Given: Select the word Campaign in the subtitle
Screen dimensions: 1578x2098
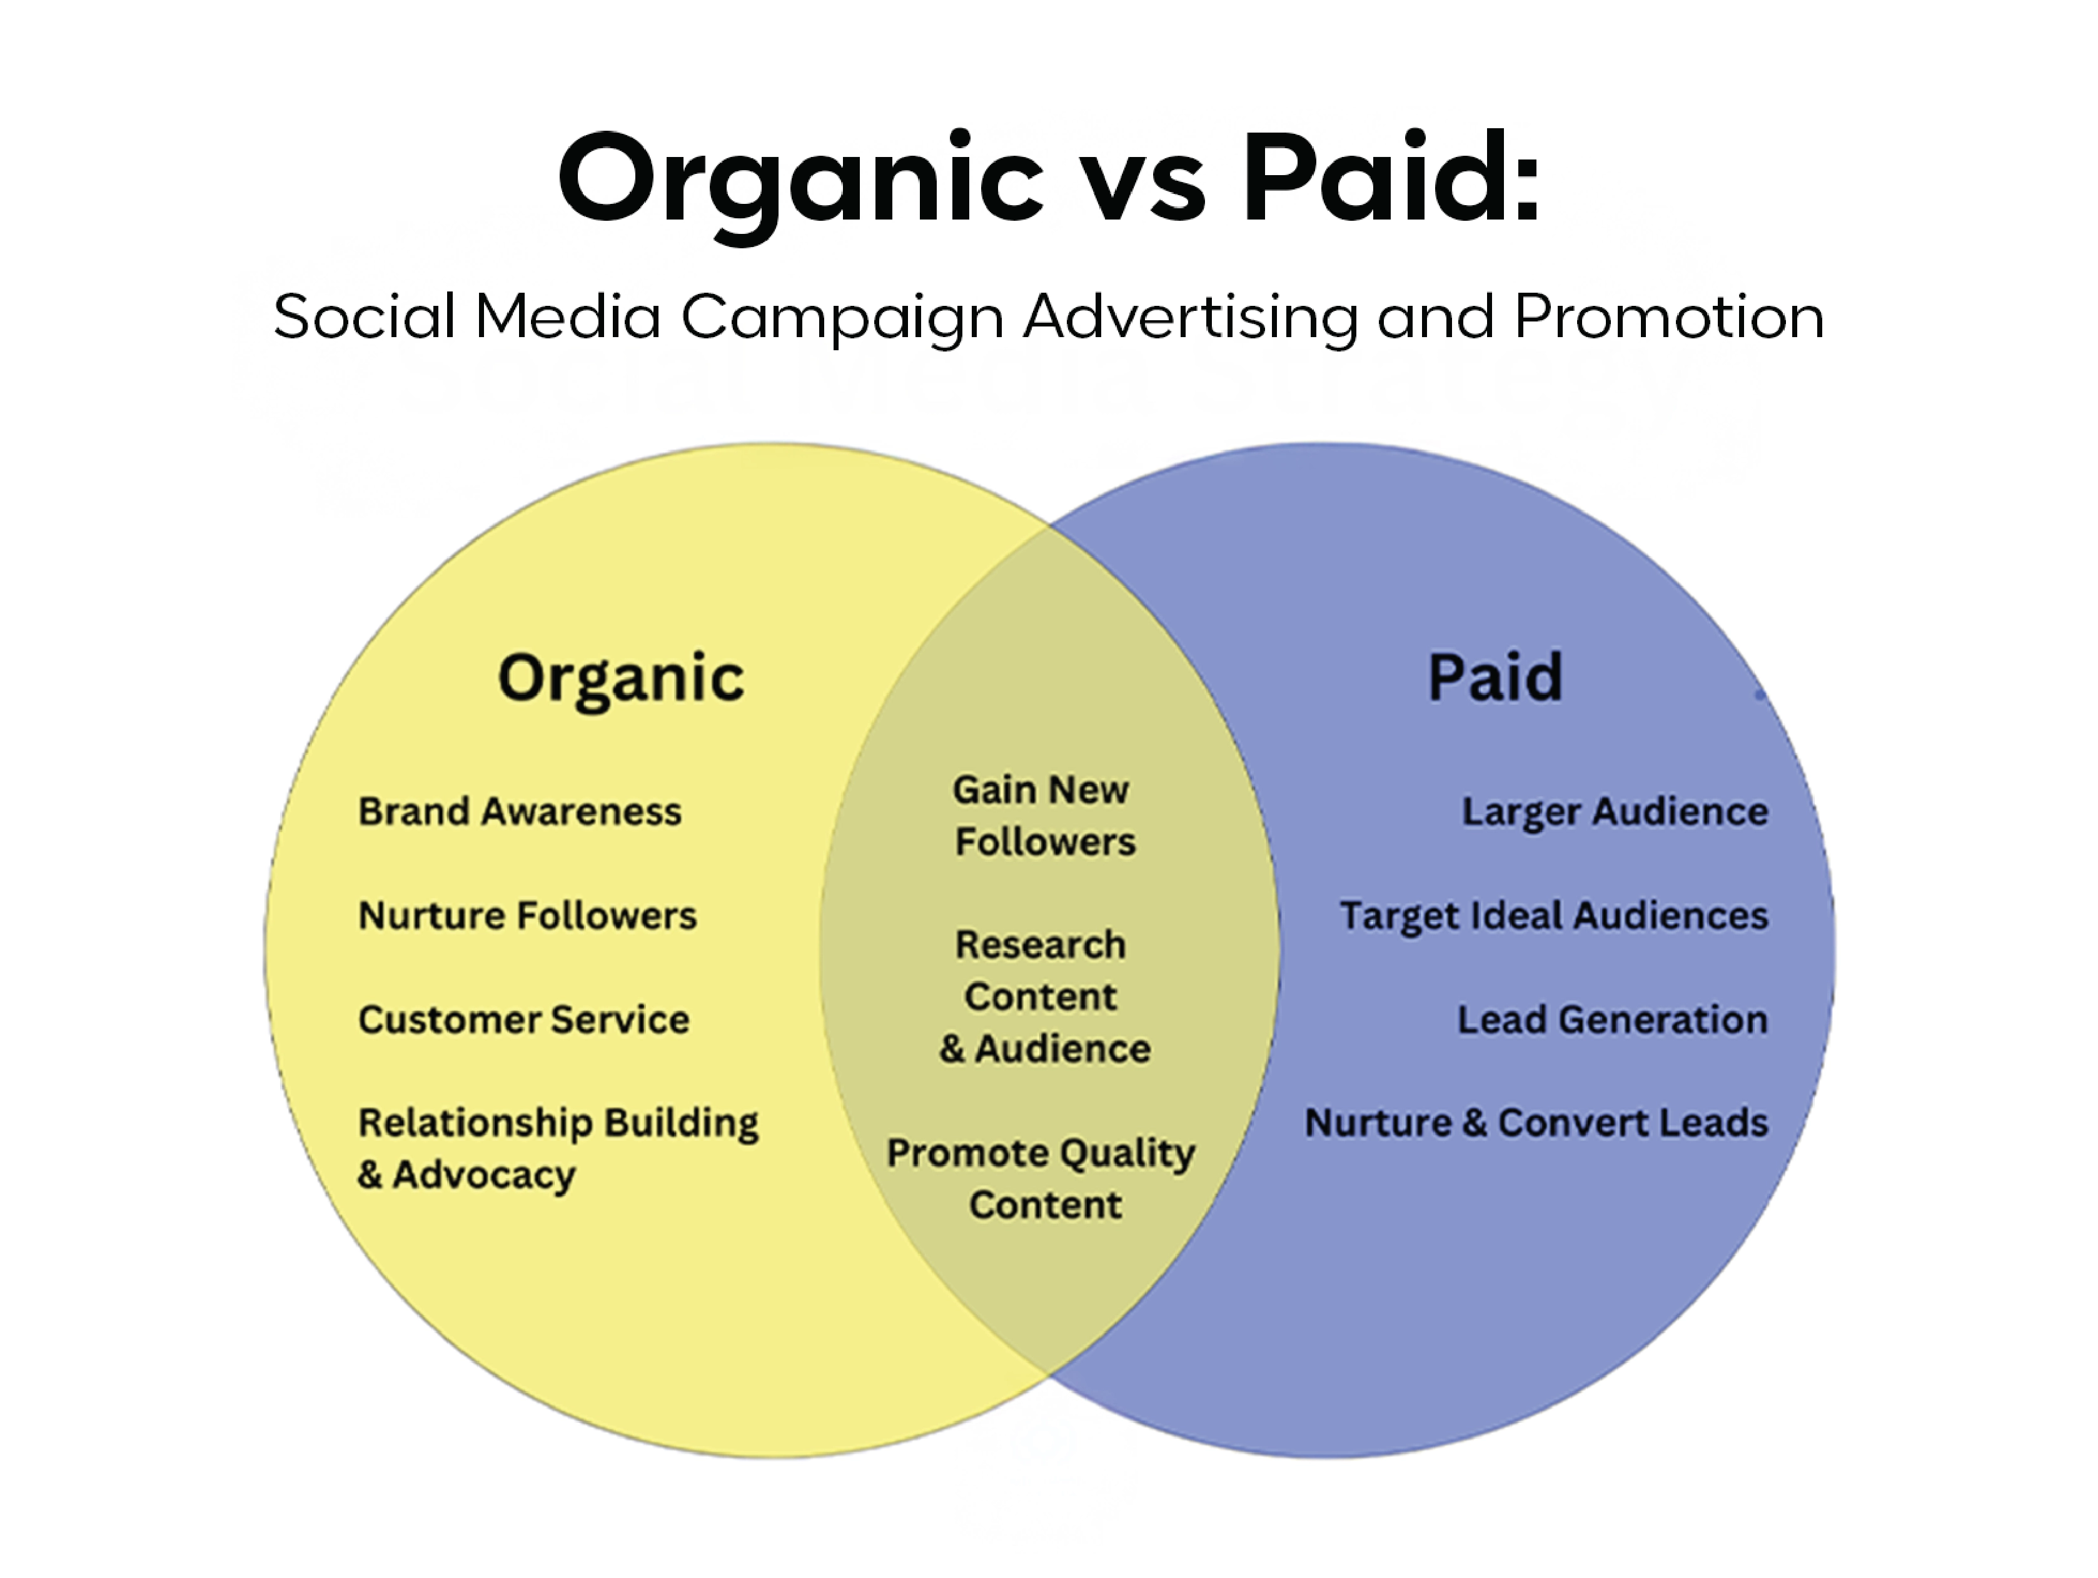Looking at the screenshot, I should pos(842,318).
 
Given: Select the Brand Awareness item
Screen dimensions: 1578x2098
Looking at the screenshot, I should pos(520,811).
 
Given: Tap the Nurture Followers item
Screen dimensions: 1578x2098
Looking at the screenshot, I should pos(527,916).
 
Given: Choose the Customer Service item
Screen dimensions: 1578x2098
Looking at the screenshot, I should pos(523,1020).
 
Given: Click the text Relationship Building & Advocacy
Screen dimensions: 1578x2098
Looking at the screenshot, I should pos(558,1148).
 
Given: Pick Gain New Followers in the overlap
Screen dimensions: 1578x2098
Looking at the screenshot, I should pos(1043,816).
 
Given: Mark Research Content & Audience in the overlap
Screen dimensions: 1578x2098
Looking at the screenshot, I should pos(1043,996).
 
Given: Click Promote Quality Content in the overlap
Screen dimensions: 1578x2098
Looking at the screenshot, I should pos(1041,1178).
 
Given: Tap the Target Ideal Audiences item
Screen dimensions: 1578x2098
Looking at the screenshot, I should pos(1553,916).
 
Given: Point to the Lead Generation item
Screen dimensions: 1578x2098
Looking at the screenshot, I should pos(1611,1020).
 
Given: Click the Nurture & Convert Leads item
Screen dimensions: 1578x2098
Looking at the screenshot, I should pos(1536,1123).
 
